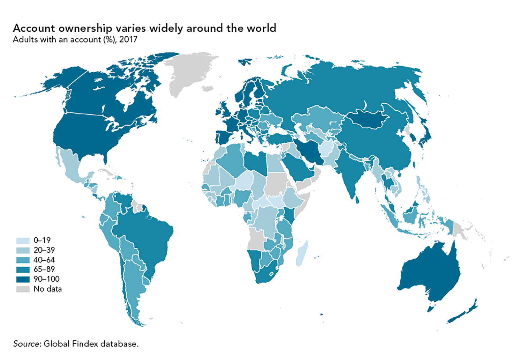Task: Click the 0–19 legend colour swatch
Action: coord(23,241)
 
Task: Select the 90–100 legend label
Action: coord(46,279)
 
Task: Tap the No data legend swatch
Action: coord(23,289)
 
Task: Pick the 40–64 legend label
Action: coord(44,260)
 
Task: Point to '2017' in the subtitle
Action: coord(128,39)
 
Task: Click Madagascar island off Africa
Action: coord(301,253)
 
